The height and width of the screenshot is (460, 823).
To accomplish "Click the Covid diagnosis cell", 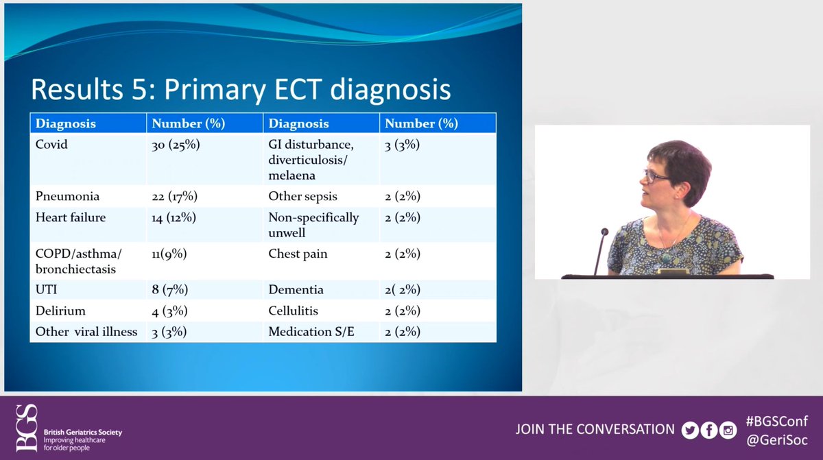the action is pyautogui.click(x=51, y=144).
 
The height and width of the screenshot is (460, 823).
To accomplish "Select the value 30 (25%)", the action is pyautogui.click(x=176, y=145).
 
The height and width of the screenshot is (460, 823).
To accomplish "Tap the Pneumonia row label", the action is pyautogui.click(x=67, y=197).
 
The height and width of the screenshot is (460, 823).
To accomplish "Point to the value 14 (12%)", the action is pyautogui.click(x=174, y=218).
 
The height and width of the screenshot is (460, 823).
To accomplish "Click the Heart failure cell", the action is pyautogui.click(x=71, y=217).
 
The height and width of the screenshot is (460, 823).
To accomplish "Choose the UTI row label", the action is pyautogui.click(x=47, y=290).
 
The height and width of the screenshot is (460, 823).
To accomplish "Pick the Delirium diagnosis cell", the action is pyautogui.click(x=60, y=311).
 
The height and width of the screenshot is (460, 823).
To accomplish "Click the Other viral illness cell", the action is pyautogui.click(x=86, y=332).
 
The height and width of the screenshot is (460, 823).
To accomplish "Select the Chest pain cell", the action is pyautogui.click(x=298, y=254).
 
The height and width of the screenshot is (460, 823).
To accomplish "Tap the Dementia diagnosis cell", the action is pyautogui.click(x=296, y=290).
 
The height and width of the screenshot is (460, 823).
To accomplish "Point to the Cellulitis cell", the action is pyautogui.click(x=294, y=311).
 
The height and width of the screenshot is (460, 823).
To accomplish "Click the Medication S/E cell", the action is pyautogui.click(x=311, y=332).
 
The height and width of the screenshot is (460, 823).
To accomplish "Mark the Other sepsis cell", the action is pyautogui.click(x=302, y=197).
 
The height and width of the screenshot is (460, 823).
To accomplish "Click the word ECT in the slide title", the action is pyautogui.click(x=298, y=89).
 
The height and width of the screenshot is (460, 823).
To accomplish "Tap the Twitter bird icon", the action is pyautogui.click(x=690, y=431).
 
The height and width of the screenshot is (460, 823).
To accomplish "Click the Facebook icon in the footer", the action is pyautogui.click(x=709, y=431).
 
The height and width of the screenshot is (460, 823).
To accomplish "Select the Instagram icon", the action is pyautogui.click(x=728, y=431).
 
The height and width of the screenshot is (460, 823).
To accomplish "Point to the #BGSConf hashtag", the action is pyautogui.click(x=776, y=422).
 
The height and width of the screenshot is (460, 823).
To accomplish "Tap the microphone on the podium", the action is pyautogui.click(x=600, y=251).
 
